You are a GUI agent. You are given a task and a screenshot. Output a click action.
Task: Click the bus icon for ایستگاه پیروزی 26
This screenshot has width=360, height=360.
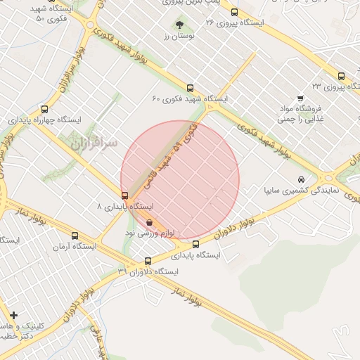[x=234, y=12]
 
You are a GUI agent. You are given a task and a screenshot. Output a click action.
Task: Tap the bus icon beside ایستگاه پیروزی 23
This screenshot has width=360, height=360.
[x=341, y=77]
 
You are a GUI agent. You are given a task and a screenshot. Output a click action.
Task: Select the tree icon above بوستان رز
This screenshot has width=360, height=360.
[x=179, y=25]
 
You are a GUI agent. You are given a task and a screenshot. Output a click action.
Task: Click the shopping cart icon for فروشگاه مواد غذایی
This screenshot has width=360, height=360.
[x=300, y=98]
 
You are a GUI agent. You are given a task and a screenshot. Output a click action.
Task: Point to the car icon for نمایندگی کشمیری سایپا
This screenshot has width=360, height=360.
[x=302, y=180]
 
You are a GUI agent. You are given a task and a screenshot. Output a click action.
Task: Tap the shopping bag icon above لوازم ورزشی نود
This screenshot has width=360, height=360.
[x=149, y=222]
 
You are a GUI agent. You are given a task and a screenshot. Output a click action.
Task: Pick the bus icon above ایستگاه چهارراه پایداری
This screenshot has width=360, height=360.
[x=45, y=109]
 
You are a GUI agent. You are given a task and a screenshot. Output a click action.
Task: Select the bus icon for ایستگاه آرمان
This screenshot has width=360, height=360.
[x=75, y=236]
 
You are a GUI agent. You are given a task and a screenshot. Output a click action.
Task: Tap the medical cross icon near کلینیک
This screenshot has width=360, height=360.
[x=13, y=316]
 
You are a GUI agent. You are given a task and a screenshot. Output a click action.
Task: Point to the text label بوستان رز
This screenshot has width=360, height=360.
[x=179, y=36]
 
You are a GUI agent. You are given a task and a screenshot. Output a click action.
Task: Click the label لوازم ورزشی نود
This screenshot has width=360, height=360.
[x=150, y=232]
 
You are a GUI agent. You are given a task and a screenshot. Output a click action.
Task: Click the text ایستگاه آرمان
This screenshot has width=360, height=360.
[x=75, y=247]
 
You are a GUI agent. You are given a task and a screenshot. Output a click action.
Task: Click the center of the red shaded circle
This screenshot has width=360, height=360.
[x=180, y=180]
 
